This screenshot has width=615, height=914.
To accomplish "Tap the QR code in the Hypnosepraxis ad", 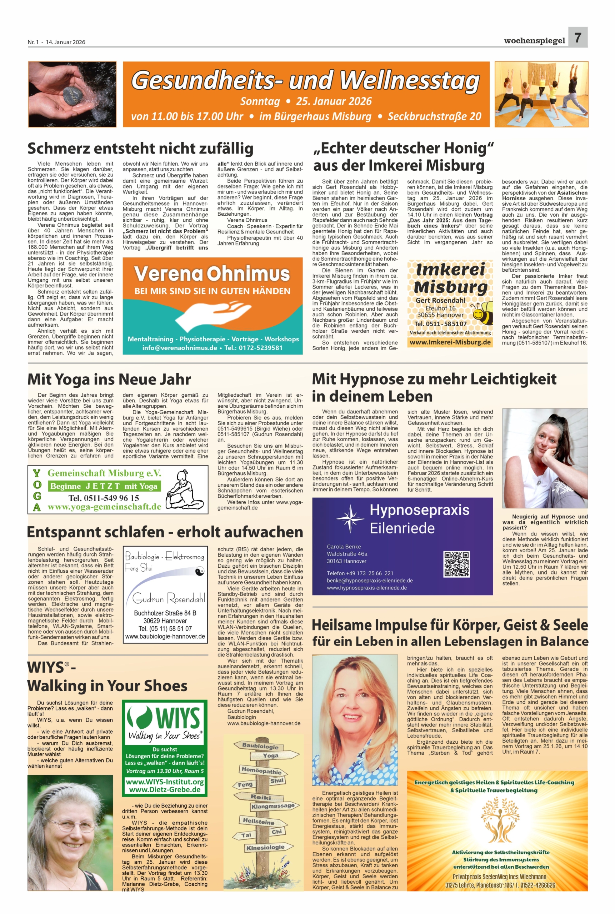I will coord(456,564).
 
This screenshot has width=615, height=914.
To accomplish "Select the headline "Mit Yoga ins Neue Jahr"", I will coord(109,379).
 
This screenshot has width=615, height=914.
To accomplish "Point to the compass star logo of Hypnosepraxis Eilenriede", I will coord(350,517).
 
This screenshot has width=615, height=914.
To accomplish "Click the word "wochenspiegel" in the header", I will coord(534,40).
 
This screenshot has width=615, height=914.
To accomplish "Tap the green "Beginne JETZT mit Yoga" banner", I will coord(104,486).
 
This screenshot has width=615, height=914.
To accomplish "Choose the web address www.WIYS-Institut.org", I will coord(164,782).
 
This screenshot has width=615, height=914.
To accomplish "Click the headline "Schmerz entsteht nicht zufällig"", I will coord(140,149).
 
